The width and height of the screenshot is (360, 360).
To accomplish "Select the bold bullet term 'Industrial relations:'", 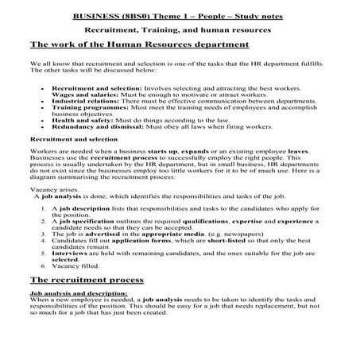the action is (80, 102).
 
